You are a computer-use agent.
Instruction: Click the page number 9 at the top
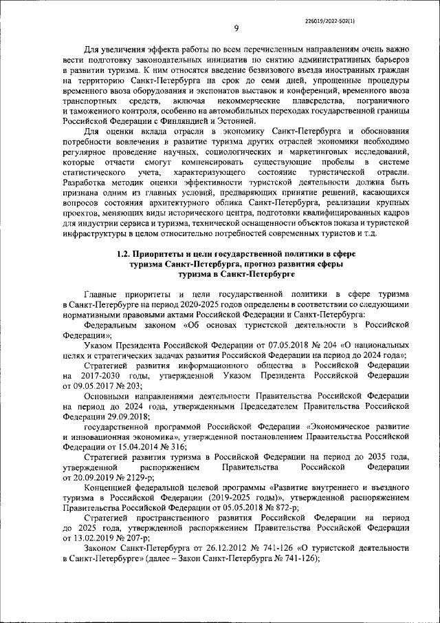coord(236,28)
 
